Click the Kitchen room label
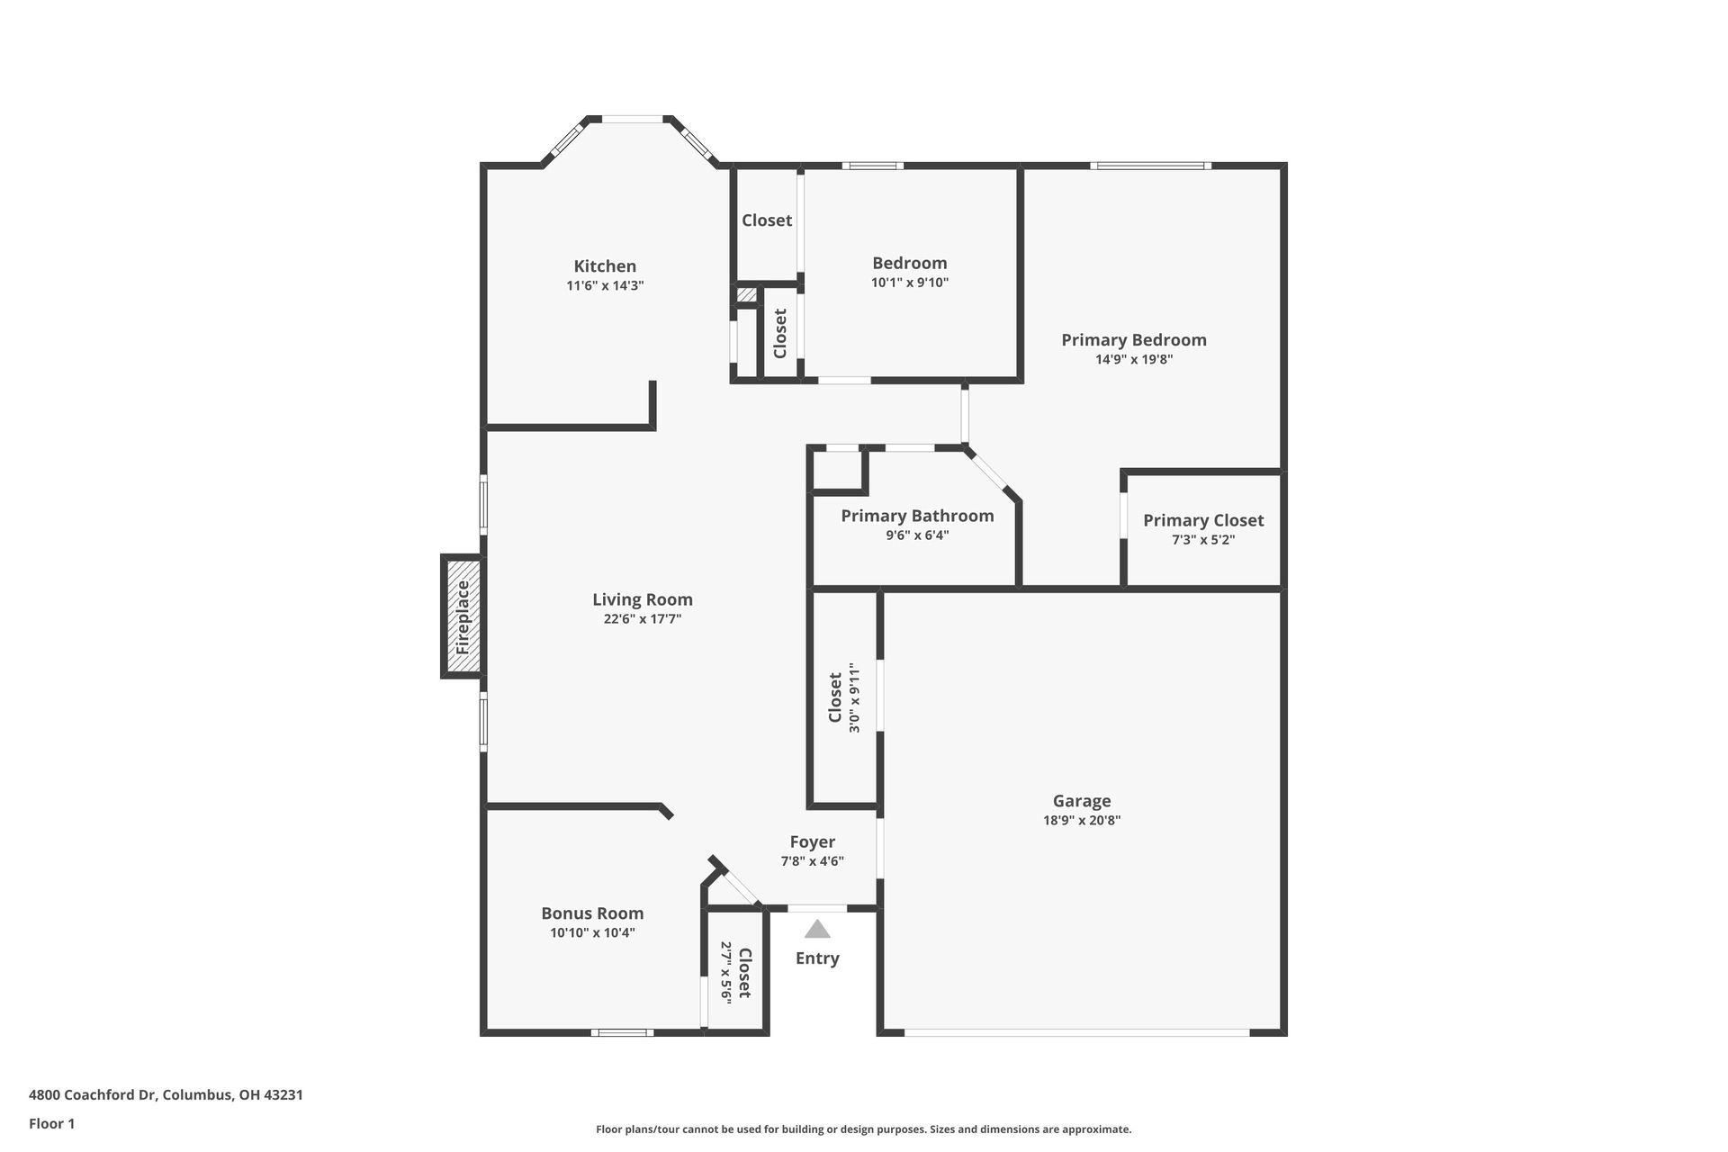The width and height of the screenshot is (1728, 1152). coord(605,266)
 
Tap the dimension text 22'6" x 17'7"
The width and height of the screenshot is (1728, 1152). coord(642,619)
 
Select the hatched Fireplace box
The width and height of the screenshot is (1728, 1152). coord(463,616)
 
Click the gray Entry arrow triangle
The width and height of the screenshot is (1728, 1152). coord(817,929)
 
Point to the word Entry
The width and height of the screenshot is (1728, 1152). coord(817,958)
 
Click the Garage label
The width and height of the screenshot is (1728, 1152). coord(1082,801)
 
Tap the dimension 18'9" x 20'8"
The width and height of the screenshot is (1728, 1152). coord(1082,821)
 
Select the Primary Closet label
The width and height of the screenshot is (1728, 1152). coord(1203,520)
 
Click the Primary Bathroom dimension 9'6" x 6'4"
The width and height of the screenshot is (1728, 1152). coord(917,535)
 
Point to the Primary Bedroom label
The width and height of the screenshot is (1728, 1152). coord(1133,340)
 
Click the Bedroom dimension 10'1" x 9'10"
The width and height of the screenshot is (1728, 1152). coord(909,283)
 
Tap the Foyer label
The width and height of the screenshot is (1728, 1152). coord(812,842)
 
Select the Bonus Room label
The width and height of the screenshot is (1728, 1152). coord(592,913)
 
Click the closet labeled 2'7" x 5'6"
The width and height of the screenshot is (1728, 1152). coord(735,972)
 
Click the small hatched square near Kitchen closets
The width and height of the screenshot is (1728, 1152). coord(747,294)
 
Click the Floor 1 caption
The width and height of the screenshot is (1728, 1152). coord(51,1123)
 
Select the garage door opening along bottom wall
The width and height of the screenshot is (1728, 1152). coord(1076,1032)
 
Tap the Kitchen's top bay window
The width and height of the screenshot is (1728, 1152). coord(632,119)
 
